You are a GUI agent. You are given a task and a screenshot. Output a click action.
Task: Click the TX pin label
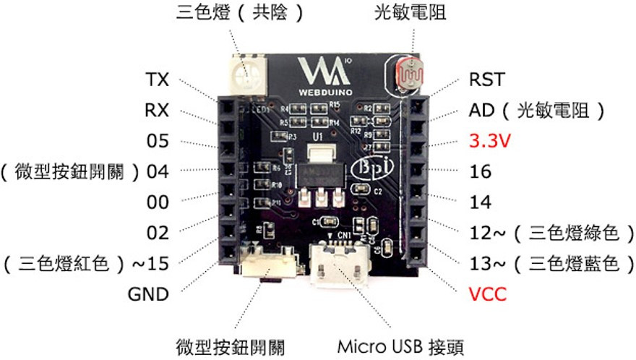pyautogui.click(x=156, y=79)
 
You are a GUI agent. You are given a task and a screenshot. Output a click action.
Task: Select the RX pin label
pyautogui.click(x=156, y=111)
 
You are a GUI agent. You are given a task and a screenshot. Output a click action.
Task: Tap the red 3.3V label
pyautogui.click(x=490, y=141)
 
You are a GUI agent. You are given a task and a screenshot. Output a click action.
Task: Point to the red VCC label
pyautogui.click(x=488, y=294)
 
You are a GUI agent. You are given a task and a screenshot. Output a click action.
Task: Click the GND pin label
pyautogui.click(x=147, y=294)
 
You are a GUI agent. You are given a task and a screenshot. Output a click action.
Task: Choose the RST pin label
pyautogui.click(x=487, y=79)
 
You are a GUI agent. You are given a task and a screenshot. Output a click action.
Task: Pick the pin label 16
pyautogui.click(x=480, y=172)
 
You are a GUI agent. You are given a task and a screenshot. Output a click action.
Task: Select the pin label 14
pyautogui.click(x=480, y=202)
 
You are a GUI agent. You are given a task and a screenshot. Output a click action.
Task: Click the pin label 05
pyautogui.click(x=158, y=141)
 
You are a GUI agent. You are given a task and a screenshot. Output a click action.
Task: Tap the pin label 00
pyautogui.click(x=158, y=202)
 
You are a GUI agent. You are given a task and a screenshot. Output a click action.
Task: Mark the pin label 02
pyautogui.click(x=158, y=233)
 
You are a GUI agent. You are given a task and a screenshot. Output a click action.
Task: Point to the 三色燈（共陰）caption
pyautogui.click(x=239, y=13)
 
